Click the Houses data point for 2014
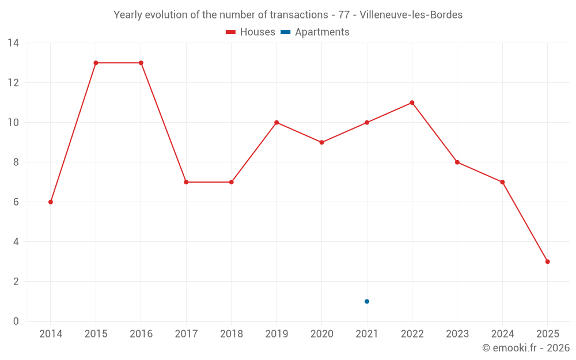[51, 202]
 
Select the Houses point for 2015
[96, 63]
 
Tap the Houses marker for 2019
[276, 123]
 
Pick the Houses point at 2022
[412, 103]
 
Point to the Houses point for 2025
[547, 262]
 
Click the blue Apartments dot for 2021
[367, 301]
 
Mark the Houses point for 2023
[457, 162]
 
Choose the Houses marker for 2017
[186, 182]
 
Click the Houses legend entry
[251, 32]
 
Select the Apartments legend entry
[315, 32]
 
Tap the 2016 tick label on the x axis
[141, 334]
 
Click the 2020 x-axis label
[321, 334]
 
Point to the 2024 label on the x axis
[502, 334]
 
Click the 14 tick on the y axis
[13, 43]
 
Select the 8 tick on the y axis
[16, 162]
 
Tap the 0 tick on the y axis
[16, 321]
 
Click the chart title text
[288, 15]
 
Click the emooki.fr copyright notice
[526, 348]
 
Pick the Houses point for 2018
[231, 182]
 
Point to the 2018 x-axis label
[231, 334]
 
